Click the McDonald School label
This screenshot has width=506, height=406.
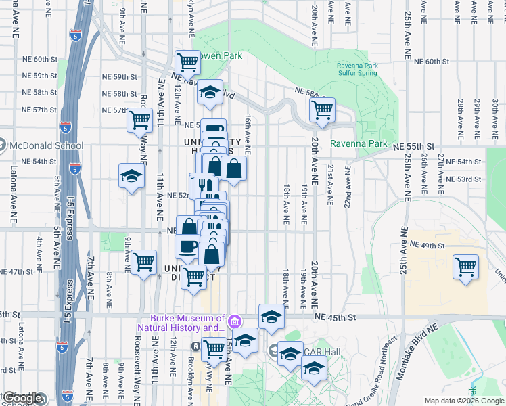coord(47,145)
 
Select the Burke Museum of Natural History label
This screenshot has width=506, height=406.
coord(181,323)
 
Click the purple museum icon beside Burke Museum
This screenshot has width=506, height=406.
coord(234,320)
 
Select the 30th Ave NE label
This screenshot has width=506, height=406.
coord(495,115)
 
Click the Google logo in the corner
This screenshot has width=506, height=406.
coord(22,398)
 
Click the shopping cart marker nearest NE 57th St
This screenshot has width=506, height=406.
coord(139,120)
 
